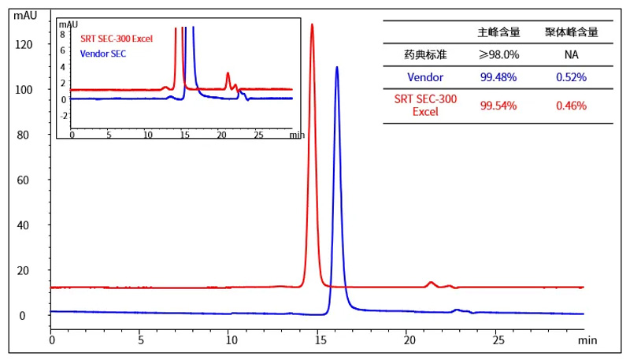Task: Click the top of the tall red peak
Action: [x=312, y=24]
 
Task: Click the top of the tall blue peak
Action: [x=337, y=67]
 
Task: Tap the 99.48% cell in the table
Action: [x=498, y=77]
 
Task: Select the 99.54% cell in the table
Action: [x=498, y=106]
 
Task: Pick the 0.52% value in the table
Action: [x=571, y=77]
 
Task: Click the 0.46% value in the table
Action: [x=571, y=106]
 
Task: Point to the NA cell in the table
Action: [x=571, y=54]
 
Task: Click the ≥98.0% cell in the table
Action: [x=498, y=54]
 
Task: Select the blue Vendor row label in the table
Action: [x=425, y=77]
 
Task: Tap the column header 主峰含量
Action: [x=498, y=32]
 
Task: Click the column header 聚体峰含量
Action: [x=571, y=32]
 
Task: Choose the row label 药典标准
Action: [x=425, y=54]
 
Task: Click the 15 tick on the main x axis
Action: [x=320, y=341]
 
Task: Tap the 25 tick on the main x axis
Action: [x=498, y=341]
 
